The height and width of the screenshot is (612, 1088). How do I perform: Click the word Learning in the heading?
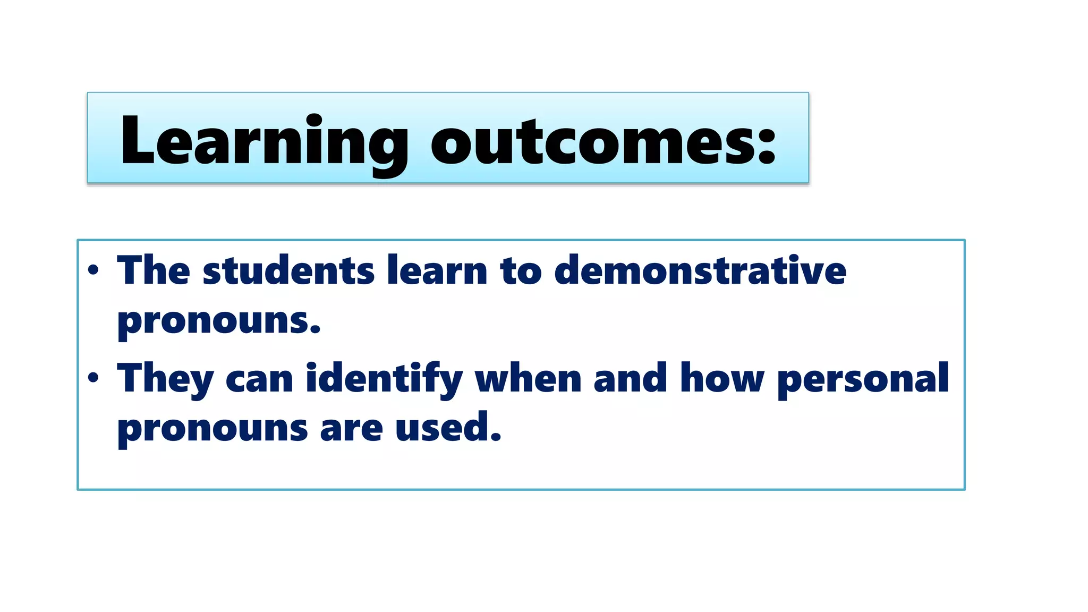(264, 141)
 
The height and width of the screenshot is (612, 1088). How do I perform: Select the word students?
(288, 271)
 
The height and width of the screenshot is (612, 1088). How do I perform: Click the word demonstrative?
(700, 271)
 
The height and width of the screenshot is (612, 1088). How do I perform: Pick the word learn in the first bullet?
(437, 271)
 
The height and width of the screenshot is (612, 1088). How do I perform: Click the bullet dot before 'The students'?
(93, 270)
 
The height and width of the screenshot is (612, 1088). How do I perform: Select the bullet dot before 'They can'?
(93, 378)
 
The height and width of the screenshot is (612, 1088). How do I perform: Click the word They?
(165, 379)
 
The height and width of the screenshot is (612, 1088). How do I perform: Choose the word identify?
(384, 379)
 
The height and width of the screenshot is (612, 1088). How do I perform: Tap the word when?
(528, 379)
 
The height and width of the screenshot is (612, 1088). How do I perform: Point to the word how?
(722, 379)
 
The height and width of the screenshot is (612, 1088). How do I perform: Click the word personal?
(863, 379)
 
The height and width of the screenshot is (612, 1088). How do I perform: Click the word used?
(447, 428)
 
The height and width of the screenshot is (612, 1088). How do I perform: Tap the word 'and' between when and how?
(630, 379)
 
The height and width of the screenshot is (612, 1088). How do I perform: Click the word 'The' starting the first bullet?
(154, 271)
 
